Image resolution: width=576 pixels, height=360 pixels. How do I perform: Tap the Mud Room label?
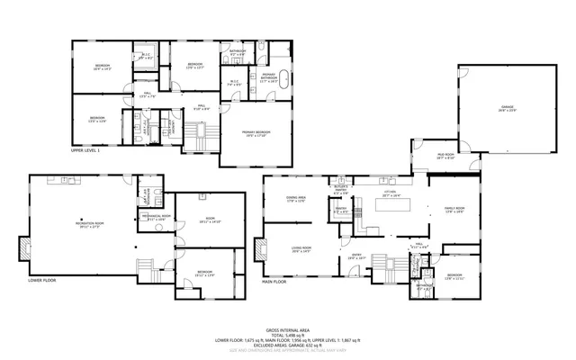445,157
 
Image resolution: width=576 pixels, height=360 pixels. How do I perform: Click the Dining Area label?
296,199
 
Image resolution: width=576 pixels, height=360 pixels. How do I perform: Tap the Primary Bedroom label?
256,133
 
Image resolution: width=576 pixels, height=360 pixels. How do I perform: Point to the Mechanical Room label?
156,217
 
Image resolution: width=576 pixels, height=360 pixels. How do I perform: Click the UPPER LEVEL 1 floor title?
85,151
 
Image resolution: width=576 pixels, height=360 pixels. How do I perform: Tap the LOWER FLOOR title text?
42,281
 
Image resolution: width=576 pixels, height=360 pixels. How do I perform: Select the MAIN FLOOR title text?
274,281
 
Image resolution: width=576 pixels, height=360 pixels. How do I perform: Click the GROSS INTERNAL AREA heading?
288,330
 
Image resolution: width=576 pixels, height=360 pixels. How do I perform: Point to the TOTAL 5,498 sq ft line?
288,335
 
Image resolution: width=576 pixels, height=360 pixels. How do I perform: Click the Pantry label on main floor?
341,210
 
